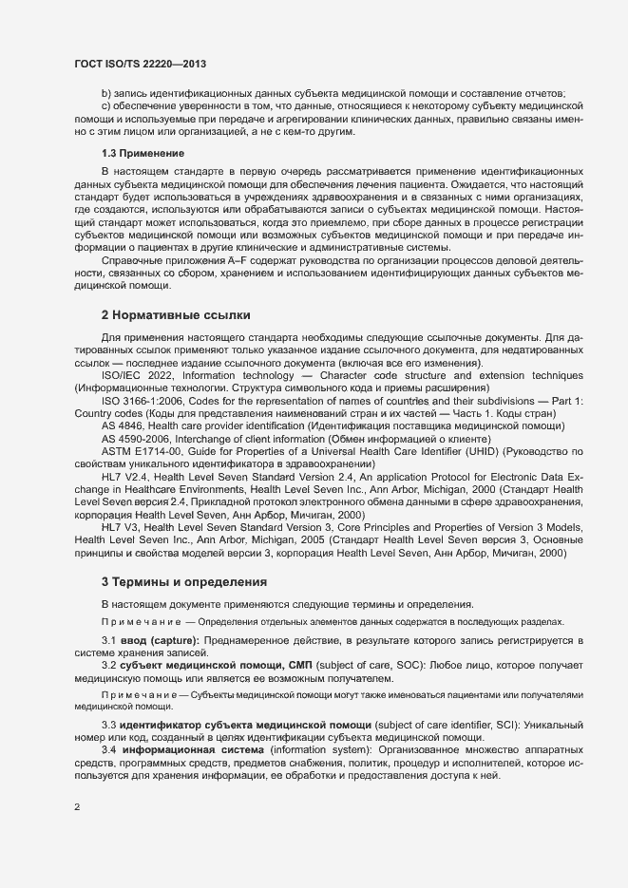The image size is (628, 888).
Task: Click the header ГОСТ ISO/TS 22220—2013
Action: (140, 64)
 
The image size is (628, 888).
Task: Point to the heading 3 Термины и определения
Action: (183, 580)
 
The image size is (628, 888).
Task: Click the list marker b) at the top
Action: (106, 92)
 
